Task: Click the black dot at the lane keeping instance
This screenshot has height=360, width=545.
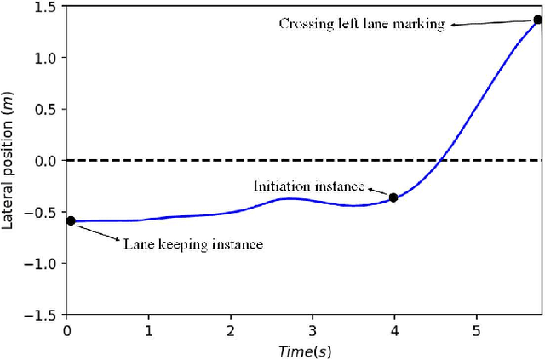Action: click(x=71, y=220)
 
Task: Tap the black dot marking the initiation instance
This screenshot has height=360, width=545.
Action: click(x=393, y=197)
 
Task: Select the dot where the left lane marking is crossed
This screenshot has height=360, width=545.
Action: click(x=537, y=20)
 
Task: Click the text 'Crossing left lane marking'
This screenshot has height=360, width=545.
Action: click(x=362, y=24)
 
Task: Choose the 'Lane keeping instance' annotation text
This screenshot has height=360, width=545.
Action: click(x=192, y=244)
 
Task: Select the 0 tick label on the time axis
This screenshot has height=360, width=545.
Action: click(x=67, y=329)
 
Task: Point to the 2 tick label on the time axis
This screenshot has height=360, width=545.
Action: click(x=231, y=329)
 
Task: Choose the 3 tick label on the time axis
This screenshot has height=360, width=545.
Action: click(x=313, y=329)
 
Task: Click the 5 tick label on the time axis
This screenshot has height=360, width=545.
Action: click(x=476, y=329)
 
